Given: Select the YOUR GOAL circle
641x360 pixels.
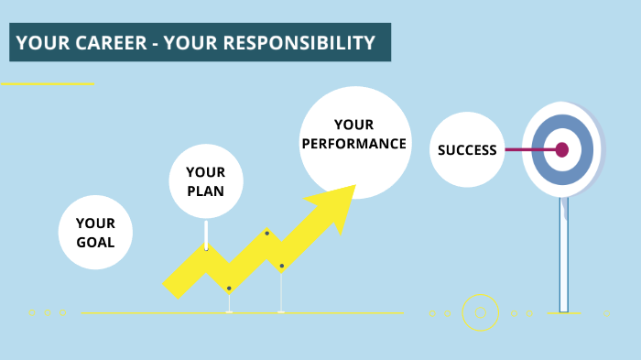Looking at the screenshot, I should [x=95, y=233].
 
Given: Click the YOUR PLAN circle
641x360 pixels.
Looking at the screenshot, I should [x=205, y=181].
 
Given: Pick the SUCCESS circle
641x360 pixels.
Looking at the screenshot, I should [x=467, y=150].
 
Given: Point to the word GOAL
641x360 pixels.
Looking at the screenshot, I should [x=95, y=243].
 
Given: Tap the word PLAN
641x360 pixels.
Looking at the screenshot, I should [x=205, y=191].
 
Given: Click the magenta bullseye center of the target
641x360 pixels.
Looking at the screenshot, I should [x=562, y=149].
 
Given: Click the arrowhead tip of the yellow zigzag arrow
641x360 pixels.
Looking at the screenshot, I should [x=353, y=188].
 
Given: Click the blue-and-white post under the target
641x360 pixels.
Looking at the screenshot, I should [x=564, y=256].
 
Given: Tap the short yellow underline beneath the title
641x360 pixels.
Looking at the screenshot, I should [x=48, y=84].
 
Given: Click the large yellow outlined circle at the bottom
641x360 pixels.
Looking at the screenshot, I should [x=480, y=312].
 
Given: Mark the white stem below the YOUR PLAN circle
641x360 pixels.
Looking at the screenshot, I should [x=207, y=235].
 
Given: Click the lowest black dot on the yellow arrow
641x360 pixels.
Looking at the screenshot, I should [x=229, y=289].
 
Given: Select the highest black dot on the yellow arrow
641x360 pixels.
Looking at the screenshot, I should [x=266, y=234].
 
